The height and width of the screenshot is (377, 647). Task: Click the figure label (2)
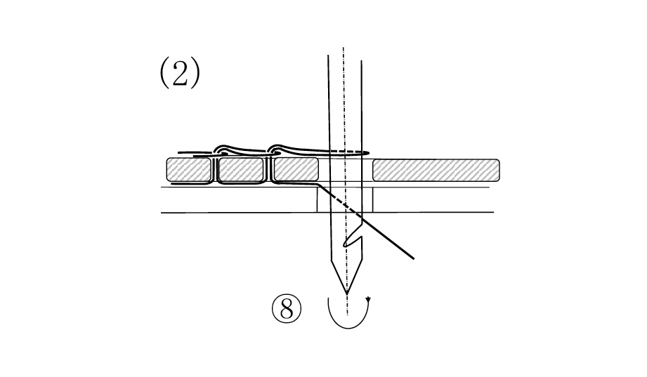[180, 72]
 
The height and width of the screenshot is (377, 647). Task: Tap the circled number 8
[287, 308]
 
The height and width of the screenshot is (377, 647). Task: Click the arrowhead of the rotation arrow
[368, 300]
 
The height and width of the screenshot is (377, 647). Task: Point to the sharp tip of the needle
[347, 293]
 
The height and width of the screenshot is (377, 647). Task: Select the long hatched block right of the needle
[436, 170]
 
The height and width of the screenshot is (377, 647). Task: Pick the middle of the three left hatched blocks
[240, 169]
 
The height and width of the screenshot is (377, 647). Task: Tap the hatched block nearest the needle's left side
[296, 169]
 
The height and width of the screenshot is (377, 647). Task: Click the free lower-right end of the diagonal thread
[413, 258]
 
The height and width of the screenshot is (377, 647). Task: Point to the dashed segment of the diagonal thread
[344, 205]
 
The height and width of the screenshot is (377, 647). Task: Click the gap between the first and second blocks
[214, 169]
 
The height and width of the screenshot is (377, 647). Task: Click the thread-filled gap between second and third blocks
[268, 169]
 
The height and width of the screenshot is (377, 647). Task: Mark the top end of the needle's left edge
[329, 55]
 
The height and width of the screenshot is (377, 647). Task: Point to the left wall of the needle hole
[318, 200]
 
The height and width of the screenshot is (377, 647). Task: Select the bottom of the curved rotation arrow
[348, 329]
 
